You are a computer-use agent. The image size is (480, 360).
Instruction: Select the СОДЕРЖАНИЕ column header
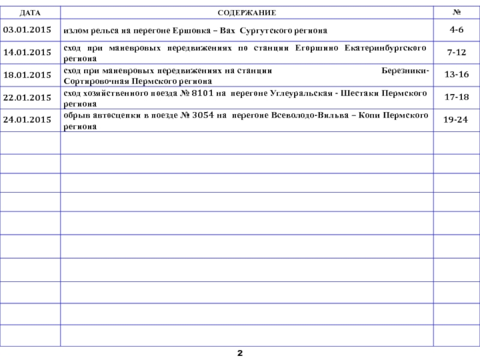point(247,12)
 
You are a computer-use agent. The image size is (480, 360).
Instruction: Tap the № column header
point(457,12)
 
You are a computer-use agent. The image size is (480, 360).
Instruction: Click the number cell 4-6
point(457,29)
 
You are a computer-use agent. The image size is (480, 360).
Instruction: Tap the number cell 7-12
point(457,53)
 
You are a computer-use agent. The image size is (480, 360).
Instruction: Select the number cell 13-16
point(457,75)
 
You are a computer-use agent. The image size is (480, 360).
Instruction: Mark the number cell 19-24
point(457,119)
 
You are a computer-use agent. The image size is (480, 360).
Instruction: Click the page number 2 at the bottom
point(240,352)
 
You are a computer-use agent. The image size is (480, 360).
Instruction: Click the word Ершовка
point(187,30)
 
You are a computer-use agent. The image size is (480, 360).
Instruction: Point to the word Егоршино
point(317,47)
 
